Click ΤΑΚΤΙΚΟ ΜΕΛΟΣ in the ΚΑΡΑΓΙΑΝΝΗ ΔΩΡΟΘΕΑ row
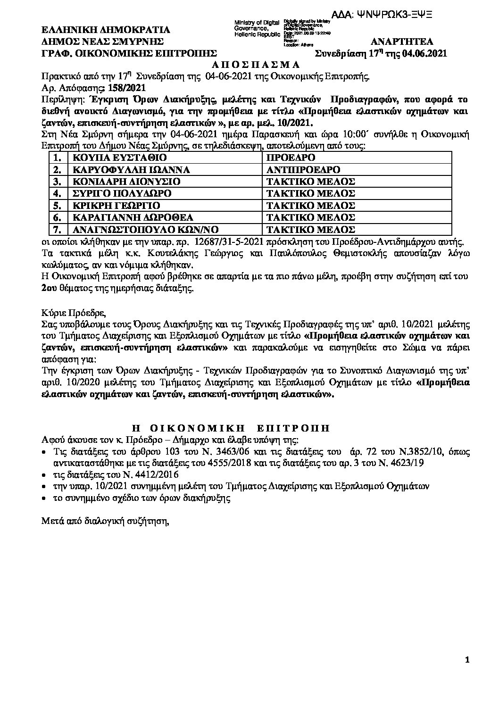tap(310, 217)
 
